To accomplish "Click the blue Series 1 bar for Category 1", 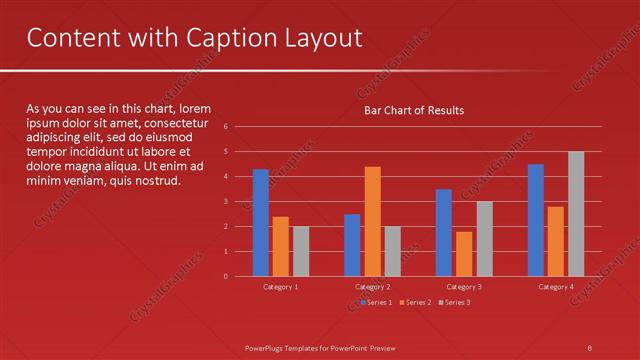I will (x=261, y=222).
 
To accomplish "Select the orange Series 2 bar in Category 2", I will (x=372, y=221).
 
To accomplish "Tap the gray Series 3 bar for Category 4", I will (x=576, y=213).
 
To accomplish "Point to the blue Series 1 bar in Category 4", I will (x=536, y=220).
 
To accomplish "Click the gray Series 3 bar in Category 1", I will (x=301, y=251).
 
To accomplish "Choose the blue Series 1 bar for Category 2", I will (x=352, y=245).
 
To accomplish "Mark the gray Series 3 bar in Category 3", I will (x=484, y=238).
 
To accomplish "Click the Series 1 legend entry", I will (x=377, y=302).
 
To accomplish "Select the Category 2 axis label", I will (x=372, y=287).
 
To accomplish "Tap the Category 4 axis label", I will (x=556, y=287).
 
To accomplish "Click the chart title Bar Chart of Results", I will (x=413, y=110).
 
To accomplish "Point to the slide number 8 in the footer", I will (x=589, y=347).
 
